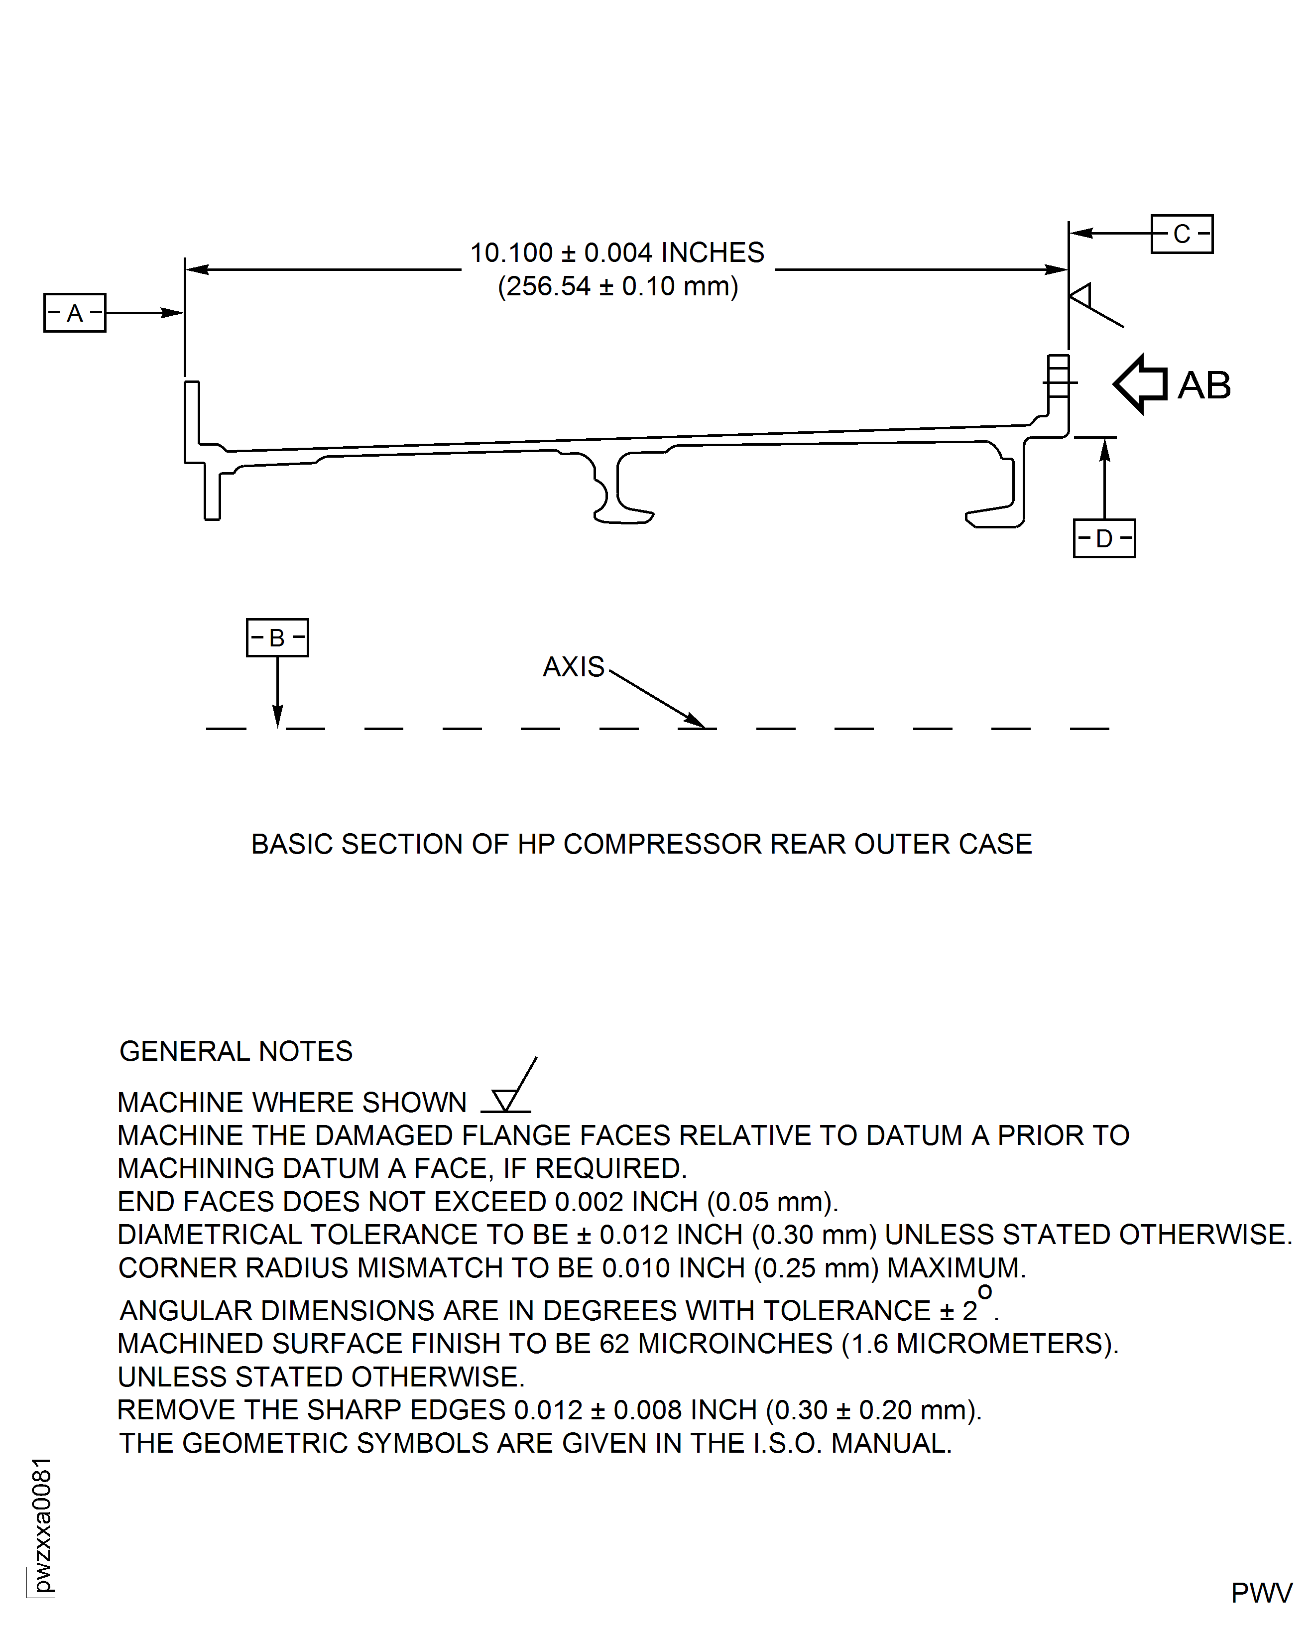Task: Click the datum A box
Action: tap(74, 312)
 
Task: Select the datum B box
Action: tap(277, 637)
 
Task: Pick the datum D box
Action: tap(1104, 538)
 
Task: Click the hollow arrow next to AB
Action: tap(1141, 384)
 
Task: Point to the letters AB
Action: tap(1204, 385)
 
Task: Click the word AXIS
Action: tap(573, 667)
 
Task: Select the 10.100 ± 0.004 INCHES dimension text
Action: tap(617, 252)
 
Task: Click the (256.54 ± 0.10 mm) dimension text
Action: tap(617, 286)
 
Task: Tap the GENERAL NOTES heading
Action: tap(236, 1051)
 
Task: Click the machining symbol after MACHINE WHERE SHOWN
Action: tap(509, 1092)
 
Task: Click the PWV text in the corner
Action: tap(1261, 1593)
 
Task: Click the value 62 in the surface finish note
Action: tap(614, 1344)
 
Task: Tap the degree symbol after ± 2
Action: tap(985, 1291)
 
